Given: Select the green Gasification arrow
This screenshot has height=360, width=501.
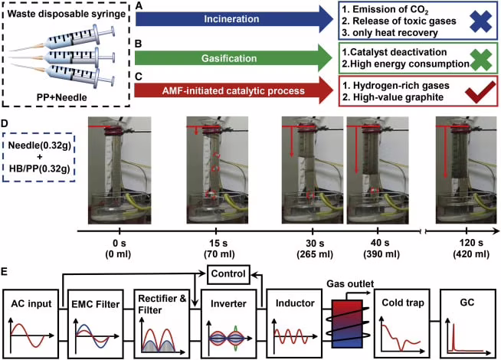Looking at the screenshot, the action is [234, 58].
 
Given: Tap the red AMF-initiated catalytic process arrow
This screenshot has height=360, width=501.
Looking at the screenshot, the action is [234, 90].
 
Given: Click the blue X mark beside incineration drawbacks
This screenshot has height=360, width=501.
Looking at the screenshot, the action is [481, 21].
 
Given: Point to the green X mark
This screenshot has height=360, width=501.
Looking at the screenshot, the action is [481, 60].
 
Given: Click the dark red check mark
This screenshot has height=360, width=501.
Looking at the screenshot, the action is [481, 93].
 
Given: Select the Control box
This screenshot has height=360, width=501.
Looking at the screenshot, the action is [228, 274].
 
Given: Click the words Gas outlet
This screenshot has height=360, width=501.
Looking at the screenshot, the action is [350, 283].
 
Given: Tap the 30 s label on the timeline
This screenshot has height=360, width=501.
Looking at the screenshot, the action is [315, 244].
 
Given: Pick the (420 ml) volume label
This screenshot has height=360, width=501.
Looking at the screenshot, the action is [471, 254].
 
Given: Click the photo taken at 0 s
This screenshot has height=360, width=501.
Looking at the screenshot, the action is [120, 170].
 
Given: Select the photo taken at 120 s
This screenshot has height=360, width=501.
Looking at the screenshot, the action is [466, 170].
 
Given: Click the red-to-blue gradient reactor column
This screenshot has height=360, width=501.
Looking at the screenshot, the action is [347, 323].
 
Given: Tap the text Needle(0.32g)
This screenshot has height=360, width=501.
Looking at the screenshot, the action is [39, 146].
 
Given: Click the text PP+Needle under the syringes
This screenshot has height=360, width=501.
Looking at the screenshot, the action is [61, 97].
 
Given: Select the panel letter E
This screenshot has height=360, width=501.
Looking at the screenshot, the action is [5, 272].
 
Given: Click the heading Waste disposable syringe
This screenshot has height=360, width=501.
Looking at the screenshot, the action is [67, 15].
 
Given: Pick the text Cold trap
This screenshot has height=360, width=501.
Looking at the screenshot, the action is [403, 303].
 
